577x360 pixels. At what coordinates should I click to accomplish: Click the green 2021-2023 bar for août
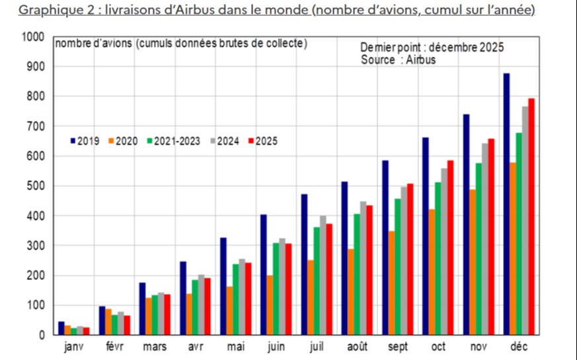point(357,274)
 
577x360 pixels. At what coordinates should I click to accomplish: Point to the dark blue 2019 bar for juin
point(263,275)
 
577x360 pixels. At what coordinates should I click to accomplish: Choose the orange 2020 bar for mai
point(229,310)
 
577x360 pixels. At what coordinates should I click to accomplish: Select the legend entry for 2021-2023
point(174,141)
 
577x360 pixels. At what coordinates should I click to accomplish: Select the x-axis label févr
point(115,347)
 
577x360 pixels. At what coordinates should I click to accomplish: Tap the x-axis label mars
point(155,347)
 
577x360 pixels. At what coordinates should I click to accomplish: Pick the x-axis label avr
point(195,347)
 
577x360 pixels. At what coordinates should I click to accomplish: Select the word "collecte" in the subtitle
point(286,44)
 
